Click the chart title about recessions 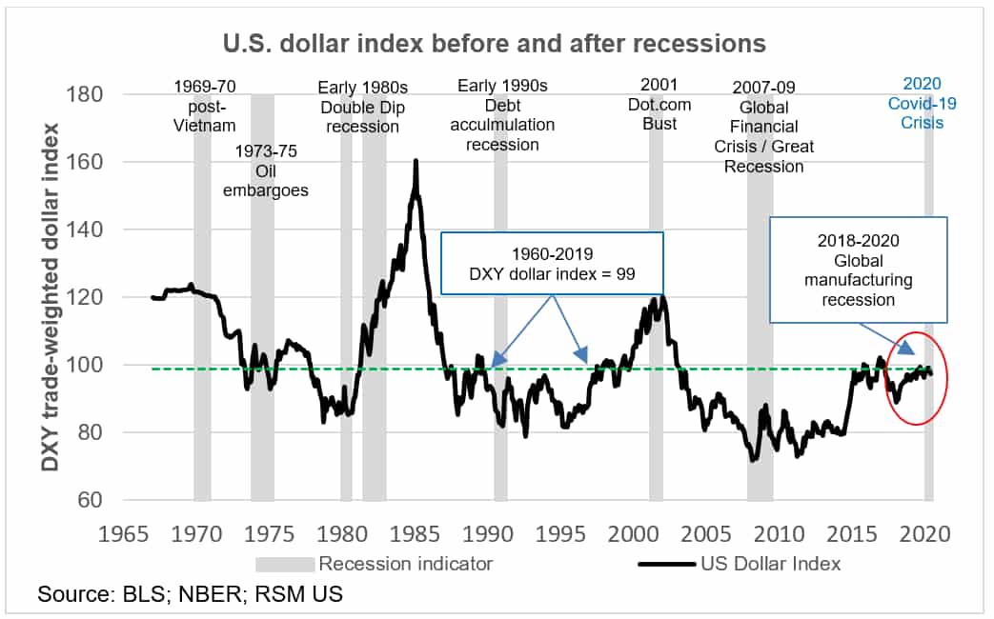(x=494, y=44)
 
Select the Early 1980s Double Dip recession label (x=362, y=108)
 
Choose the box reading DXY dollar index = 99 (x=552, y=263)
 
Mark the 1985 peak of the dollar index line (x=416, y=162)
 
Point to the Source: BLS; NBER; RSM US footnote (x=190, y=595)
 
